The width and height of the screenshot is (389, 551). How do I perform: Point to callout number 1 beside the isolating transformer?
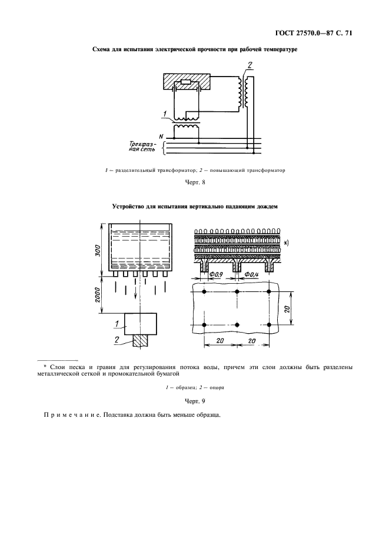tap(167, 114)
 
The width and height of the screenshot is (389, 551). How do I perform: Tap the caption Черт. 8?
tap(194, 182)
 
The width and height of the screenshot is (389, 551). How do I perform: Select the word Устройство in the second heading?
tap(130, 207)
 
